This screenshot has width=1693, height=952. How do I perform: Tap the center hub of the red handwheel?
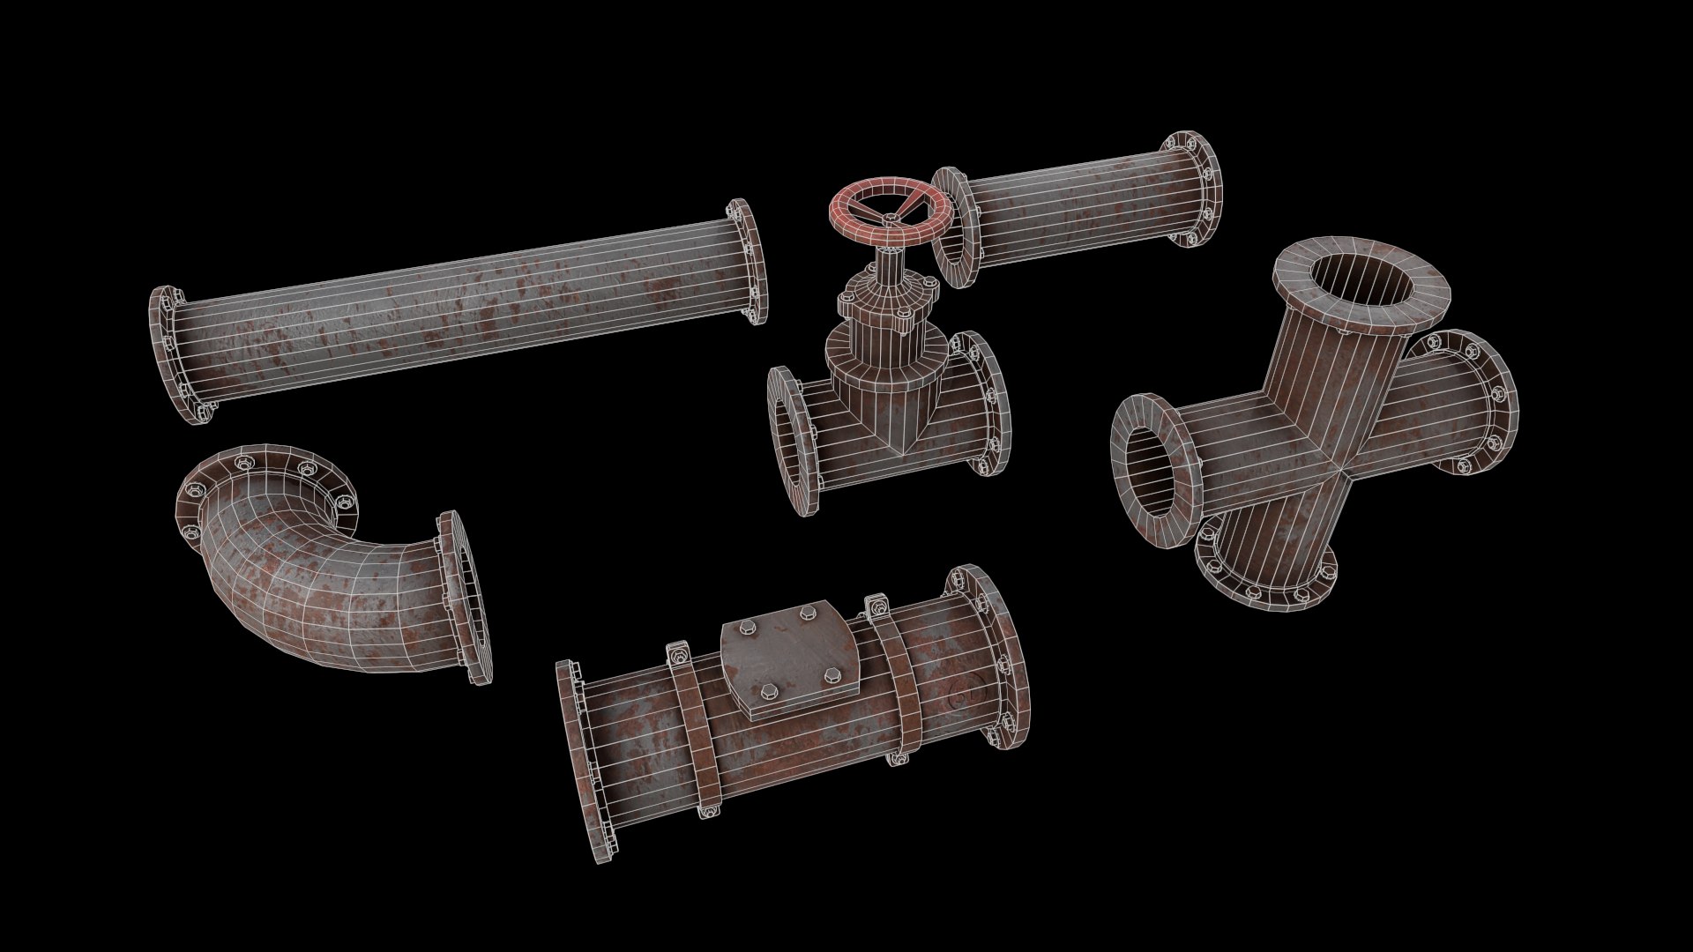891,215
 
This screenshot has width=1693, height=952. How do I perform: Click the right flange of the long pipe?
750,261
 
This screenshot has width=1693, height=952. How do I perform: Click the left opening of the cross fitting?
1155,472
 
